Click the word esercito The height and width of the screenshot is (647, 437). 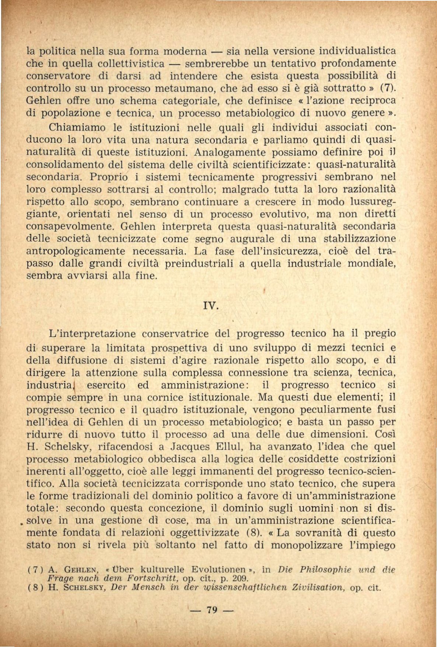(106, 385)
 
